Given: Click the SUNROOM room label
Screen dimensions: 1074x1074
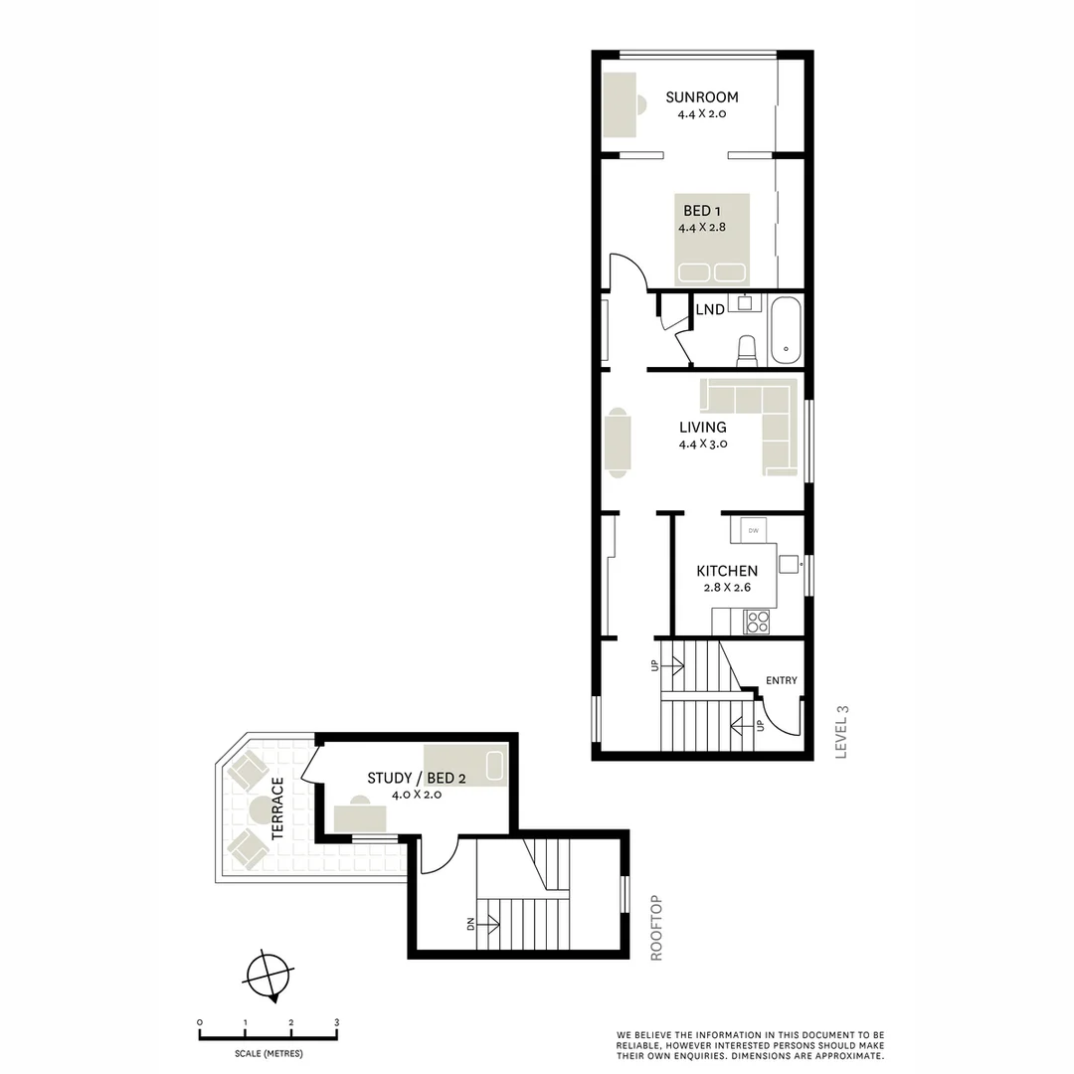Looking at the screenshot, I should (702, 97).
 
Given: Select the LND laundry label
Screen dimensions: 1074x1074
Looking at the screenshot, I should (710, 310).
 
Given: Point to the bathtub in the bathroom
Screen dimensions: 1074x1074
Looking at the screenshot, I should (786, 331).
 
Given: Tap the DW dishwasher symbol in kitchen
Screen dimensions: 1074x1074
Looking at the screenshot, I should (754, 531).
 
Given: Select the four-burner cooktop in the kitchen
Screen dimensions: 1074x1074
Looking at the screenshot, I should (758, 622).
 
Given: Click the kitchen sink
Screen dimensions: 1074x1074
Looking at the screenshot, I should (789, 564).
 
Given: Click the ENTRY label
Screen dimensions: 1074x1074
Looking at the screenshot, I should (782, 680).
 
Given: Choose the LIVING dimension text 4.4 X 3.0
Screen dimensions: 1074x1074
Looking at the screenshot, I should (703, 445).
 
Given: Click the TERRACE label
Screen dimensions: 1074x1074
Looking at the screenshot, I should (278, 808).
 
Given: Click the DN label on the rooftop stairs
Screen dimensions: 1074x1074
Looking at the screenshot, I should (470, 924).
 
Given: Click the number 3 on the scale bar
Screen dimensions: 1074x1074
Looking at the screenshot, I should (336, 1022).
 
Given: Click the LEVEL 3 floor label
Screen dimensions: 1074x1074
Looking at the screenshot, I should (841, 732).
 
